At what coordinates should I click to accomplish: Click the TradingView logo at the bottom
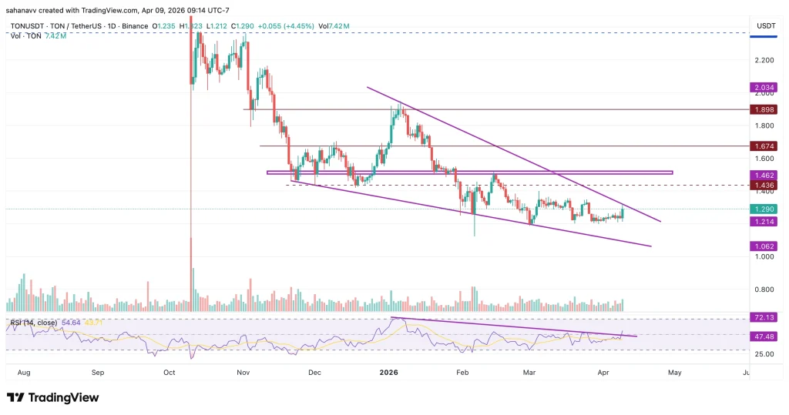[x=52, y=397]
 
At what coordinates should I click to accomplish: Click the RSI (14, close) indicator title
[x=33, y=322]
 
